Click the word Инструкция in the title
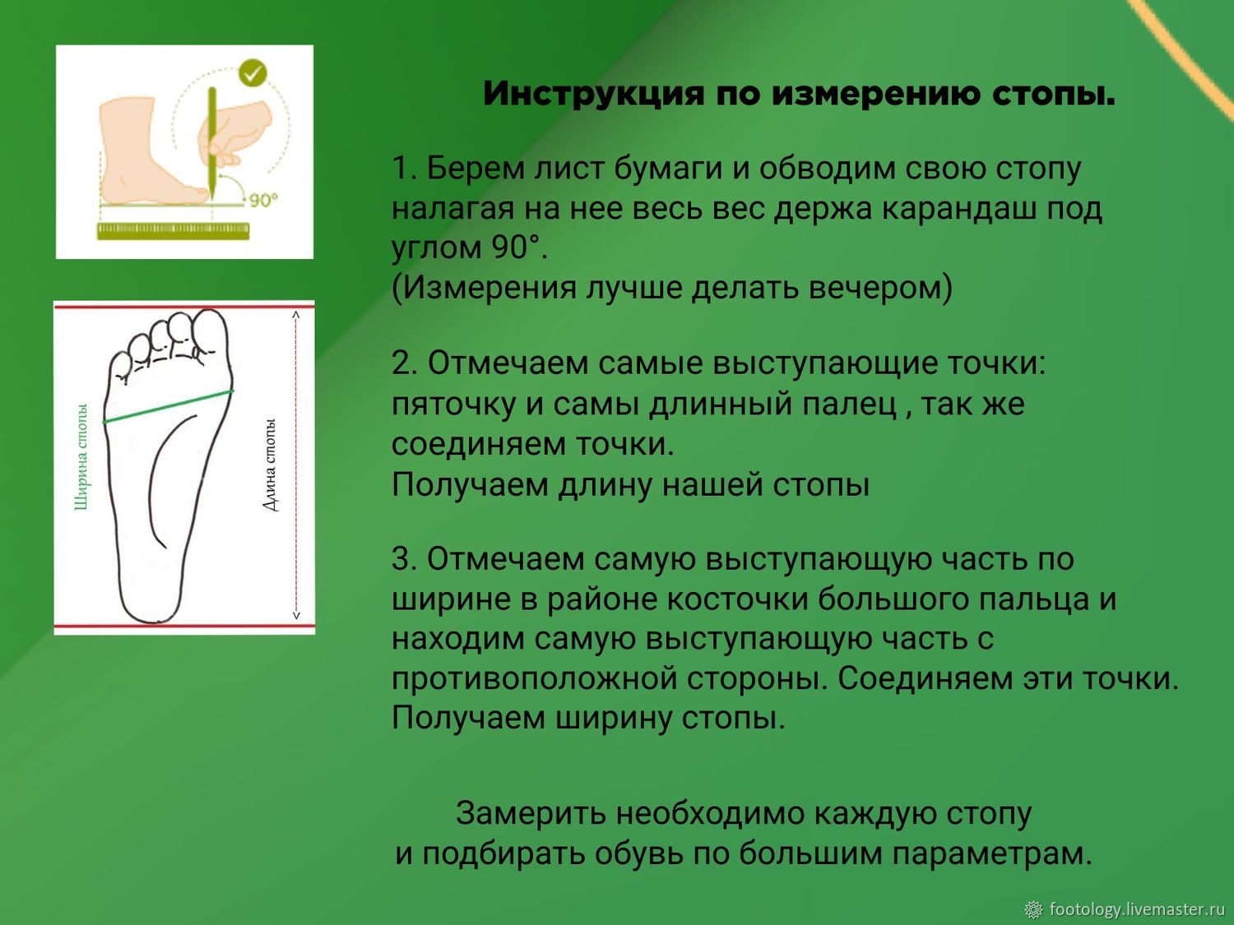click(593, 95)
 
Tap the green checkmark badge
click(253, 73)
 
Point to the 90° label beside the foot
click(263, 199)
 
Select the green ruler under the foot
click(173, 231)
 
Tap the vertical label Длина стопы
click(270, 465)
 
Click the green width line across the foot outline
click(168, 405)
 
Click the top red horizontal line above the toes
click(183, 306)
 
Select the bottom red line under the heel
click(183, 625)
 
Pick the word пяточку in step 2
click(453, 405)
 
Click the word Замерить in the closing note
click(531, 814)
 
